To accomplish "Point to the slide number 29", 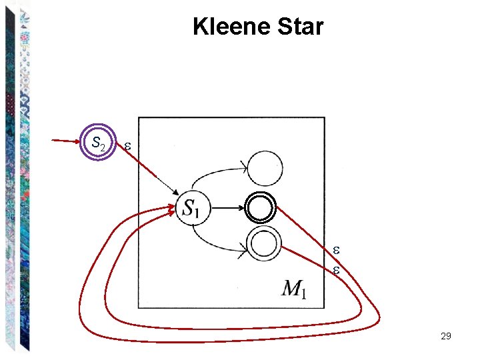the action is click(446, 336).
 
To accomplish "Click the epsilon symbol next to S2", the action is click(127, 145).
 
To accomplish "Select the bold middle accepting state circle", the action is click(260, 208).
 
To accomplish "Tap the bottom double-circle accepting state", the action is click(264, 243).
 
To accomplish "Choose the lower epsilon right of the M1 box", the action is click(337, 271).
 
